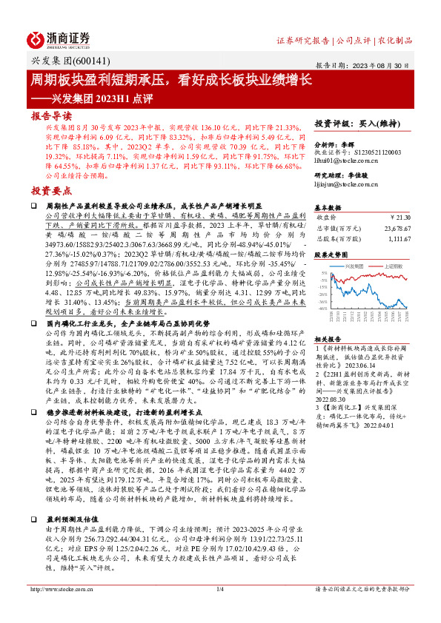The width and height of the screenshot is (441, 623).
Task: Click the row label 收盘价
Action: pos(327,218)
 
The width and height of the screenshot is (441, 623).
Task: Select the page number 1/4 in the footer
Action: pos(220,610)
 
